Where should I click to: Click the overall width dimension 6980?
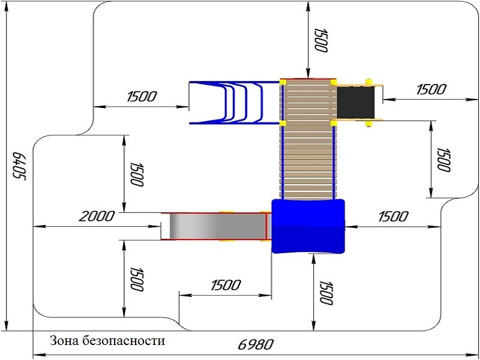(x=256, y=345)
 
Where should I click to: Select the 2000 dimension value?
(x=97, y=216)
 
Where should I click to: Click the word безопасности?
(x=125, y=341)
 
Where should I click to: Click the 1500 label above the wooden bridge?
(x=320, y=40)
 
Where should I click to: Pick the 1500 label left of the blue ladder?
(x=142, y=96)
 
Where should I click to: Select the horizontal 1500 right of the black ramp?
(x=431, y=89)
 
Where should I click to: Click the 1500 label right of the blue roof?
(x=393, y=216)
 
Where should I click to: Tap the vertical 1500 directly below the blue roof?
(x=325, y=293)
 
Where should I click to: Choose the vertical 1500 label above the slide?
(x=136, y=174)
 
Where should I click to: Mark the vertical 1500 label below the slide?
(x=136, y=279)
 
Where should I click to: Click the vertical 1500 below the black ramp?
(x=443, y=159)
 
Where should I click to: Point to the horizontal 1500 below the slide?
(x=226, y=285)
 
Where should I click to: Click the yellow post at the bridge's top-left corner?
(x=283, y=81)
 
